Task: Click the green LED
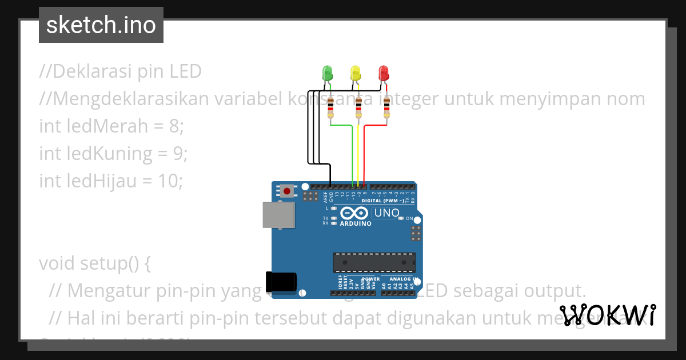pyautogui.click(x=328, y=74)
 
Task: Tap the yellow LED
pyautogui.click(x=356, y=74)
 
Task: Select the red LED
pyautogui.click(x=384, y=74)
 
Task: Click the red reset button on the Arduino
pyautogui.click(x=286, y=191)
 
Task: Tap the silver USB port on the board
pyautogui.click(x=279, y=215)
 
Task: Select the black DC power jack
pyautogui.click(x=281, y=282)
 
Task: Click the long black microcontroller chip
pyautogui.click(x=374, y=262)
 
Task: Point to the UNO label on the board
pyautogui.click(x=386, y=213)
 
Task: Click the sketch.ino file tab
pyautogui.click(x=101, y=25)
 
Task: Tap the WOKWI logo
pyautogui.click(x=608, y=315)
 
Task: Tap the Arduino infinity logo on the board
pyautogui.click(x=354, y=213)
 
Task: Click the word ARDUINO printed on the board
pyautogui.click(x=356, y=223)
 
